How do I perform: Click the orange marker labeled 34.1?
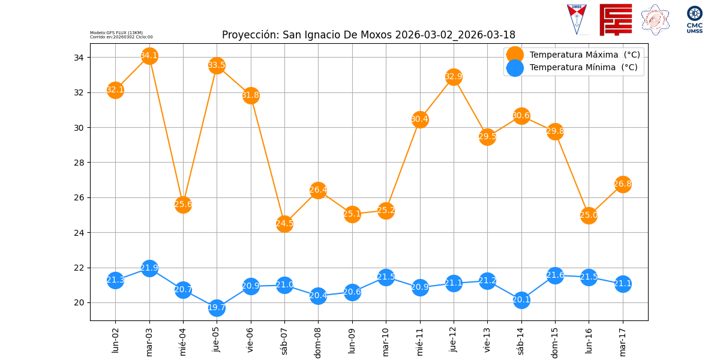(149, 56)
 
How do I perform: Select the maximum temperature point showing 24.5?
(284, 224)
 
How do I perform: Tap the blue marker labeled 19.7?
(217, 308)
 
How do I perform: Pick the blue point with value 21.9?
(149, 268)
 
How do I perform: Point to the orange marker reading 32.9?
(454, 77)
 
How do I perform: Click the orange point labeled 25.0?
(589, 215)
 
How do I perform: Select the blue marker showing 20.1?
(521, 300)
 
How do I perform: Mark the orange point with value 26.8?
(623, 184)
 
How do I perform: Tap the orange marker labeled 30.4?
(420, 119)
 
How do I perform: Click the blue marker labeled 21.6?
(555, 275)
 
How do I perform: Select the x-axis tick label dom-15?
(555, 341)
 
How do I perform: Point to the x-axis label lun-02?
(116, 339)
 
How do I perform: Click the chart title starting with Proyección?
(368, 35)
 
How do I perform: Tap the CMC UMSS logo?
(694, 20)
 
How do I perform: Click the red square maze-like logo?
(616, 19)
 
